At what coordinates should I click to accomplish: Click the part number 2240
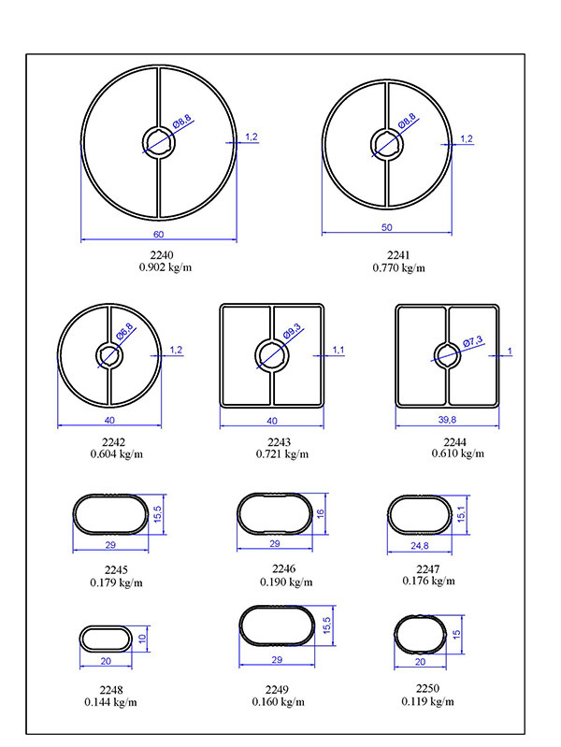tap(162, 255)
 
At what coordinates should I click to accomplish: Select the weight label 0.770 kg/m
tap(398, 267)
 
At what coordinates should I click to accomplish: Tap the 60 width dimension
tap(158, 235)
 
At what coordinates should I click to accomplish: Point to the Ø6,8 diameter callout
tap(124, 332)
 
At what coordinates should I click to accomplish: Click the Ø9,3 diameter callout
tap(292, 331)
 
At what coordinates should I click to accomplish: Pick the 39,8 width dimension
tap(447, 420)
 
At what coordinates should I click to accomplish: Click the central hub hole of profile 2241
tap(387, 144)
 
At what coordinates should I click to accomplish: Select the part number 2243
tap(279, 442)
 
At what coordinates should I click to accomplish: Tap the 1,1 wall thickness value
tap(338, 351)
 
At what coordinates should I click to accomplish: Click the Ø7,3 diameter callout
tap(473, 340)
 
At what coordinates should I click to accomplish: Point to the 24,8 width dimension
tap(420, 546)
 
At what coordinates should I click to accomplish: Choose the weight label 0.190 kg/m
tap(286, 582)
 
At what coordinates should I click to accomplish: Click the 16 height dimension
tap(321, 513)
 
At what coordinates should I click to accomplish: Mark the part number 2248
tap(111, 690)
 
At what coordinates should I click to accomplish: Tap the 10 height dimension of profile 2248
tap(142, 639)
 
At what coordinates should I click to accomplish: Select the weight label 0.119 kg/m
tap(427, 701)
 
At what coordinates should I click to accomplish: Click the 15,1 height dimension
tap(461, 514)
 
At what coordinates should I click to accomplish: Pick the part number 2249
tap(277, 690)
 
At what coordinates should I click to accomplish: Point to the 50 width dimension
tap(386, 227)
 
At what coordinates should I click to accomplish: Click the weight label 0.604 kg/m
tap(116, 454)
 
